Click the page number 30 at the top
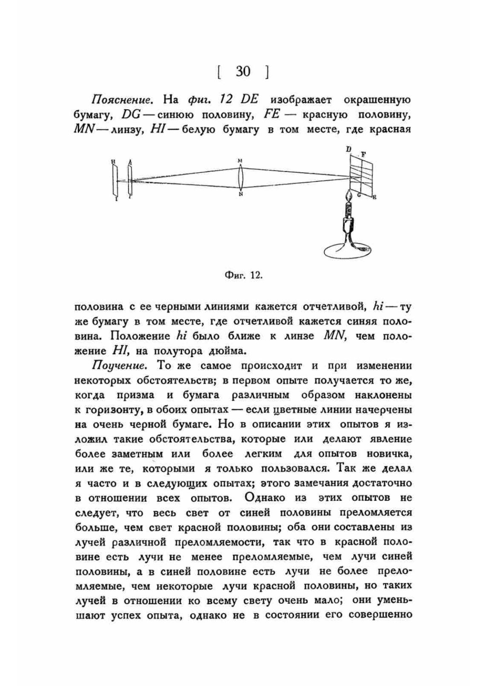[x=242, y=72]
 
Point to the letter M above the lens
[x=240, y=161]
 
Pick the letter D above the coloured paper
[x=348, y=149]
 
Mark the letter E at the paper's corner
[x=374, y=197]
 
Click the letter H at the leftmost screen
[x=113, y=161]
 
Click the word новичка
[x=391, y=454]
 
